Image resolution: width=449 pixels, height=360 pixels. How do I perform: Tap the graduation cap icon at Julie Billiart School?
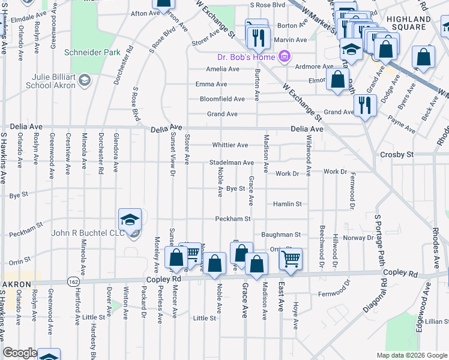85,80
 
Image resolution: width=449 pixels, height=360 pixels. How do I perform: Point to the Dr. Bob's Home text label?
246,58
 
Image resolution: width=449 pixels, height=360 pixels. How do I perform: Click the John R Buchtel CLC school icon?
129,220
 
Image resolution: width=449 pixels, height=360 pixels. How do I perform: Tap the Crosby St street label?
397,155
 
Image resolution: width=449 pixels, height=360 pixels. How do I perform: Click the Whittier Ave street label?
230,145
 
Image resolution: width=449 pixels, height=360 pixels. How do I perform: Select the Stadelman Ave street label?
231,163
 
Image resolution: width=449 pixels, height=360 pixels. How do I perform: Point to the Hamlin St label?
287,204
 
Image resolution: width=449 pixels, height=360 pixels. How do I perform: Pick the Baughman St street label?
280,235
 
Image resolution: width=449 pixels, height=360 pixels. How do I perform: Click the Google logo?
19,353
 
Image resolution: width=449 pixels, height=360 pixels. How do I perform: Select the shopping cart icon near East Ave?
291,260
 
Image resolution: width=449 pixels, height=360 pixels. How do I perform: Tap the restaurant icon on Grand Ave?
365,106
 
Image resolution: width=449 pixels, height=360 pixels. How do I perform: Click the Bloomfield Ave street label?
222,99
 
